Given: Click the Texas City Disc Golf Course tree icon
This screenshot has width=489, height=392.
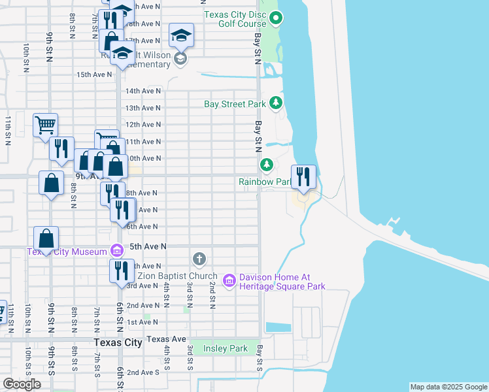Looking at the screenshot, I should pyautogui.click(x=276, y=19).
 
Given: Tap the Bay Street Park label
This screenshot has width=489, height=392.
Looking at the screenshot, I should pyautogui.click(x=235, y=104).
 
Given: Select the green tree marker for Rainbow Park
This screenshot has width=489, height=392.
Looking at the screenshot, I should pyautogui.click(x=266, y=164).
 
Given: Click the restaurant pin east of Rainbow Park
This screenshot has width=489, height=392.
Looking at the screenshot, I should pyautogui.click(x=303, y=176).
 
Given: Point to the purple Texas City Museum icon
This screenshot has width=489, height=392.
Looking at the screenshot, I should pyautogui.click(x=117, y=250).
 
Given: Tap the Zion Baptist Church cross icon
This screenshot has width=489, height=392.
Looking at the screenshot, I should pyautogui.click(x=199, y=259).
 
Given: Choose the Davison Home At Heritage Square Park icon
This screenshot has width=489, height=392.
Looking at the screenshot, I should pyautogui.click(x=229, y=281).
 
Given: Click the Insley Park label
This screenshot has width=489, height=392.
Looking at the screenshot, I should pyautogui.click(x=225, y=348).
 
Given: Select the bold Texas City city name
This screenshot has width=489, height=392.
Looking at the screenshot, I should pyautogui.click(x=118, y=342).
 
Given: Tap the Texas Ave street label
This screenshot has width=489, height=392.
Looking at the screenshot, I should pyautogui.click(x=166, y=339).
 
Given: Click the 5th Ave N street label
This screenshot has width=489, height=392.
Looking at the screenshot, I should pyautogui.click(x=148, y=246).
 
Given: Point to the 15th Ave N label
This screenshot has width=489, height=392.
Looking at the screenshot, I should pyautogui.click(x=94, y=74).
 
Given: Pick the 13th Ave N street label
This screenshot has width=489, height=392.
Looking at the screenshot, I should pyautogui.click(x=143, y=108).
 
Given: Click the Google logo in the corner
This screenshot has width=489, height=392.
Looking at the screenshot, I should pyautogui.click(x=22, y=384).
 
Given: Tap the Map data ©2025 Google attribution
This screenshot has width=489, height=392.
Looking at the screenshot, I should pyautogui.click(x=448, y=387).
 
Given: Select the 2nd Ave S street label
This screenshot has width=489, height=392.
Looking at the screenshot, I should pyautogui.click(x=143, y=372).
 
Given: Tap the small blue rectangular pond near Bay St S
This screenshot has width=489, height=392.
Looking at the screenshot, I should pyautogui.click(x=278, y=327).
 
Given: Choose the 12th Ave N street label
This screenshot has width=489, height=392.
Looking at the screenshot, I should pyautogui.click(x=143, y=124).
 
